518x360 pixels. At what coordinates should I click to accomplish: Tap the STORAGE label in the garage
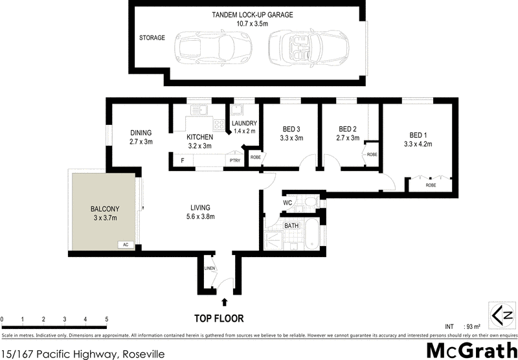click(152, 38)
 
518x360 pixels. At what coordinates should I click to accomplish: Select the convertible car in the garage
click(301, 48)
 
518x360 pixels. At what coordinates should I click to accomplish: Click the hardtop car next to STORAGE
click(206, 48)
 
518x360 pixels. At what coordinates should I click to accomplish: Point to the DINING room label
click(141, 133)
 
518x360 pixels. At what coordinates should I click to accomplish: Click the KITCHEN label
click(199, 137)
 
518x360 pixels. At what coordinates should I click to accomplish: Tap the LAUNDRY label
click(245, 123)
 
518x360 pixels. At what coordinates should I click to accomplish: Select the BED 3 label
click(291, 128)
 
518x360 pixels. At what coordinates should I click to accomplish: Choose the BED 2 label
click(348, 128)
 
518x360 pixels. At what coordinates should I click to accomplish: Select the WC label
click(289, 203)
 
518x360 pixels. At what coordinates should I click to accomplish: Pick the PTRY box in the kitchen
click(233, 160)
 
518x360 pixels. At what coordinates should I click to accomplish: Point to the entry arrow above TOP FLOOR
click(224, 301)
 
